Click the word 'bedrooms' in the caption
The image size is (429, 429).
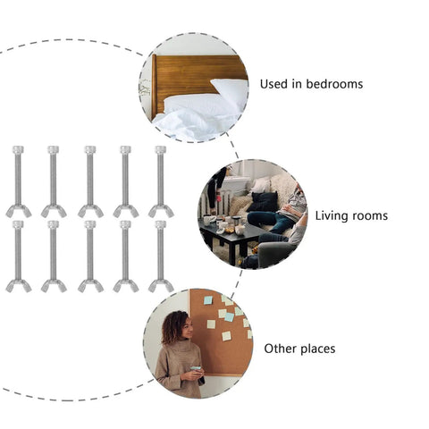point(334,84)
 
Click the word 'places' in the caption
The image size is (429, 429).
point(317,349)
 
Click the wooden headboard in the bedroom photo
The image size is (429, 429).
point(190,78)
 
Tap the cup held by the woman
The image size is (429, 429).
point(196,369)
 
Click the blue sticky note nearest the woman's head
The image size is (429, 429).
point(208,300)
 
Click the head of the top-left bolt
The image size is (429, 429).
point(18,149)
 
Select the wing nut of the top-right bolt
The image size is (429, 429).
point(161,211)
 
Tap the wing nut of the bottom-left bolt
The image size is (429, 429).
point(19,285)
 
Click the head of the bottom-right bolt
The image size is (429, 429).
point(161,224)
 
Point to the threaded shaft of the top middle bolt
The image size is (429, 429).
point(90,180)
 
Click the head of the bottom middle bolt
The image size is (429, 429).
point(90,224)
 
